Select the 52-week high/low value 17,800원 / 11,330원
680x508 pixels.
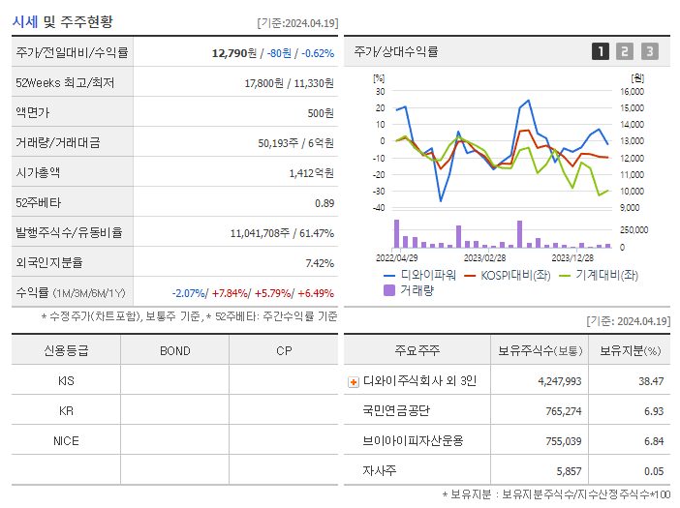point(289,83)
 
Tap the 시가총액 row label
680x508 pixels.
point(38,173)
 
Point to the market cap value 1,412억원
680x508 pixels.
point(311,173)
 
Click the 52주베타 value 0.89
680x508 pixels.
point(324,203)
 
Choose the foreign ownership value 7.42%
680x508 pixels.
point(319,263)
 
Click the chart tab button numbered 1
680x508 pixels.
point(601,52)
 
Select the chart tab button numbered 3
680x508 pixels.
point(649,52)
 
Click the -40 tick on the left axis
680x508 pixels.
point(379,207)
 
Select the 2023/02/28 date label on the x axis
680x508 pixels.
point(485,257)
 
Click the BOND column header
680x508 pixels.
point(174,350)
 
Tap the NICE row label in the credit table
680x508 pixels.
point(66,441)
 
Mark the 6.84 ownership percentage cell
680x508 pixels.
point(653,441)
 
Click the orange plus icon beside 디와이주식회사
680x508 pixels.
point(353,381)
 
